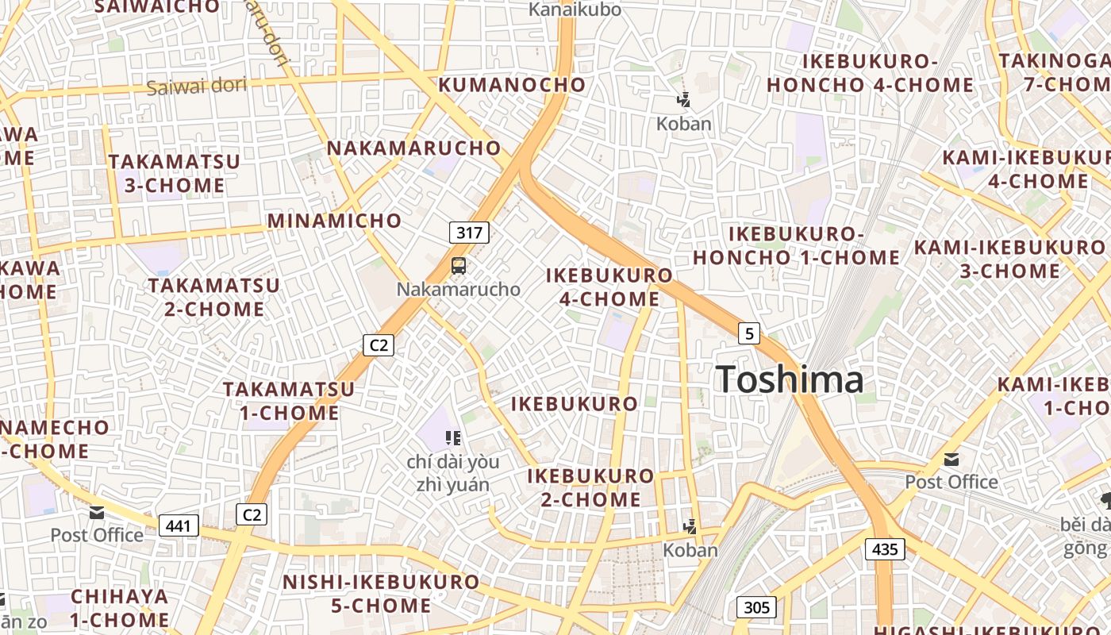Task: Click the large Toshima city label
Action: click(x=790, y=379)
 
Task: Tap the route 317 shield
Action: click(x=469, y=233)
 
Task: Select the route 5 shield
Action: click(x=748, y=333)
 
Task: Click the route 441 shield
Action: click(x=179, y=525)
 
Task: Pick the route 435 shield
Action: click(x=885, y=548)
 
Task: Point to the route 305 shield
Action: click(x=757, y=607)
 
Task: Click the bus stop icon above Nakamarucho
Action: click(x=459, y=266)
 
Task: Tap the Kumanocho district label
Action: click(x=512, y=84)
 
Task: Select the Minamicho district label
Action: click(x=334, y=220)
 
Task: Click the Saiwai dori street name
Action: click(x=197, y=85)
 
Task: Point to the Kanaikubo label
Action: click(x=575, y=10)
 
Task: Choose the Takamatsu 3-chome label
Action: click(x=174, y=173)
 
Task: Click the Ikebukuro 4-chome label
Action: click(x=609, y=287)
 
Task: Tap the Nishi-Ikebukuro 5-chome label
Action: click(x=381, y=593)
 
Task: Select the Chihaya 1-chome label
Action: click(x=120, y=607)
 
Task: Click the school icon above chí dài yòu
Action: click(x=453, y=437)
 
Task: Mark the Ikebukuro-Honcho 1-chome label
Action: click(x=796, y=245)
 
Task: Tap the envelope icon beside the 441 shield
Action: click(x=97, y=513)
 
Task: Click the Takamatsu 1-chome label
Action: click(x=289, y=401)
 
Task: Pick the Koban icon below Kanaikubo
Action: click(x=683, y=100)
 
